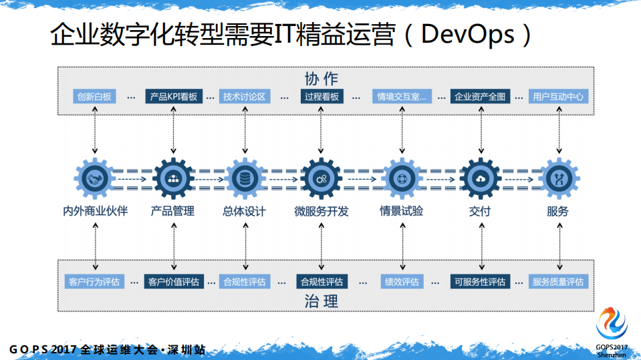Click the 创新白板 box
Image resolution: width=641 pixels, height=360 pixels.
(95, 97)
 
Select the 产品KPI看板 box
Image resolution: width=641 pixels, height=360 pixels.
(173, 97)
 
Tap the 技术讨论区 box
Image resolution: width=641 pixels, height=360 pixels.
(245, 97)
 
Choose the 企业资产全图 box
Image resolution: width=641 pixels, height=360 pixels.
(480, 97)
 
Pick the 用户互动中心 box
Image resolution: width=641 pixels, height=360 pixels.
(559, 97)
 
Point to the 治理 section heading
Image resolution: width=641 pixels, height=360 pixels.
(322, 301)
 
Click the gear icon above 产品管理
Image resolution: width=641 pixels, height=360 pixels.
(173, 178)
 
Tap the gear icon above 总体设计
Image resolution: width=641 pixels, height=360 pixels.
(244, 178)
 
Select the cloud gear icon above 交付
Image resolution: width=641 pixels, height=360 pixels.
(480, 178)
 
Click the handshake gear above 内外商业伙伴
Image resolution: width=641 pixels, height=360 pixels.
(94, 178)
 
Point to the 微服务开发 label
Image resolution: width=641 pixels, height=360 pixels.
(322, 212)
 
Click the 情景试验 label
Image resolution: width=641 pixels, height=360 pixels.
(401, 212)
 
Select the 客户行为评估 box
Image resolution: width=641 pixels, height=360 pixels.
(94, 282)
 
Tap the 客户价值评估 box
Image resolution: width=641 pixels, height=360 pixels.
(173, 282)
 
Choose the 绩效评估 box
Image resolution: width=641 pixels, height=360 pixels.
(401, 282)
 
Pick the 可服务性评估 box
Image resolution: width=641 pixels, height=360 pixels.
(480, 282)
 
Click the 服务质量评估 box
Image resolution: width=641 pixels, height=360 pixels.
(558, 282)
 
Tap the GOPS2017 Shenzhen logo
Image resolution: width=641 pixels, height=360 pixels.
(612, 327)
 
